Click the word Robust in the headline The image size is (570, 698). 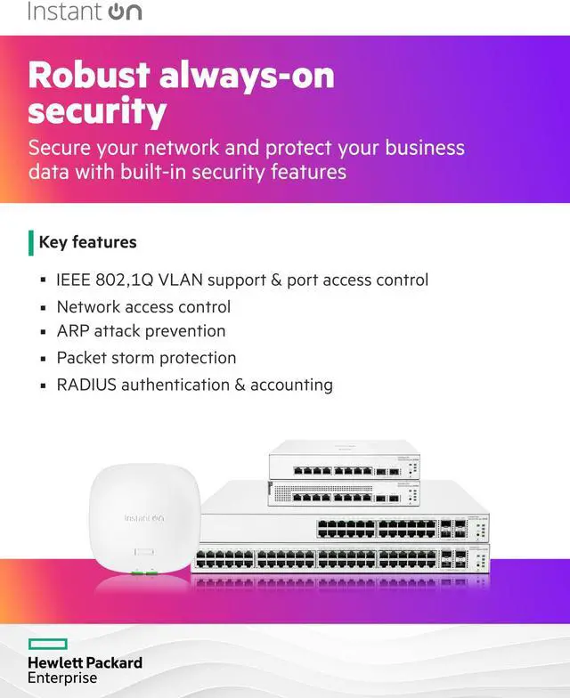(x=86, y=75)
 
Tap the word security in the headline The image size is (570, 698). (x=97, y=112)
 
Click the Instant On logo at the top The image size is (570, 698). (x=84, y=12)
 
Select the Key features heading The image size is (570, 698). (x=87, y=242)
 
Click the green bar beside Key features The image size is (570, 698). (x=31, y=242)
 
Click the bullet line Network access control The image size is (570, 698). (x=143, y=306)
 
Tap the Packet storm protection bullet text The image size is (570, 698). (x=146, y=358)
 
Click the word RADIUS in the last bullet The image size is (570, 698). (x=86, y=385)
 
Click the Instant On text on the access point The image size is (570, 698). (x=143, y=518)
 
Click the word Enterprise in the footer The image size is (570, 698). (x=62, y=678)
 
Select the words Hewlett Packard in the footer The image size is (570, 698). (x=85, y=663)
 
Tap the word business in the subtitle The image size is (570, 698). (x=419, y=147)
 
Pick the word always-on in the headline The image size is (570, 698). (x=247, y=75)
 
